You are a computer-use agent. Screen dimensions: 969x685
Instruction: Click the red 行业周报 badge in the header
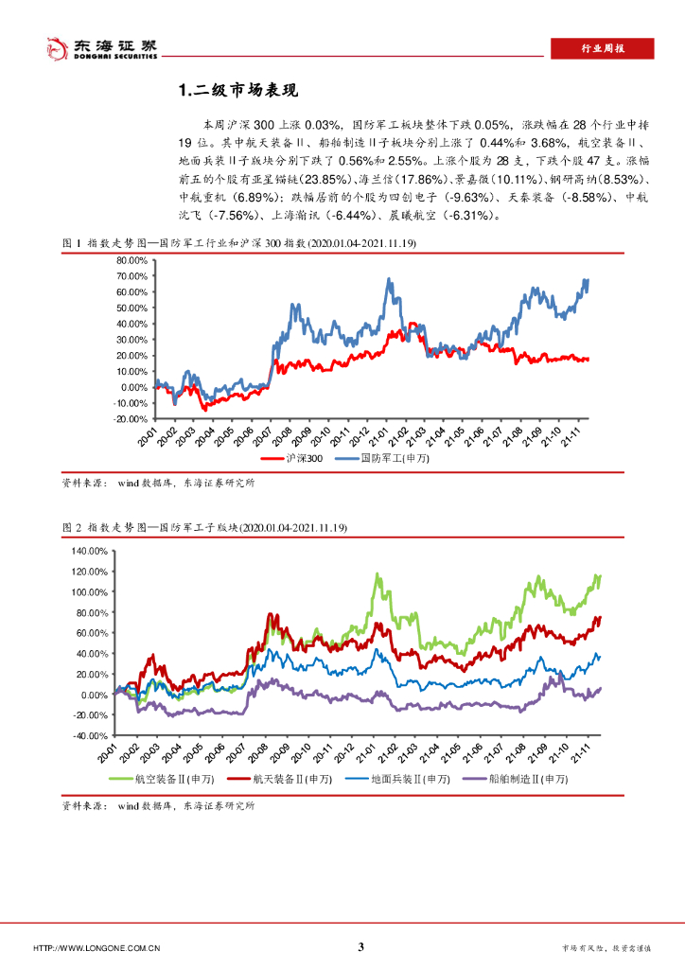(602, 49)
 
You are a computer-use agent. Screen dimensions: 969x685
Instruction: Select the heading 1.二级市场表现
(238, 91)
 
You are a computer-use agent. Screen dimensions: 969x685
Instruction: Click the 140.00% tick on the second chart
(93, 551)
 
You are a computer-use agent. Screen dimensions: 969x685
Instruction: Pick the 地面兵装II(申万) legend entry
(409, 780)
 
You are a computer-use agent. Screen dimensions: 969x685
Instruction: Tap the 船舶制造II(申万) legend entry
(526, 780)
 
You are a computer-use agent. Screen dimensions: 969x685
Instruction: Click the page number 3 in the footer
(360, 947)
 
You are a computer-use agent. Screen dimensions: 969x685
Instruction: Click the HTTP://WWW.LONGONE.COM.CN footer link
(96, 948)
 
